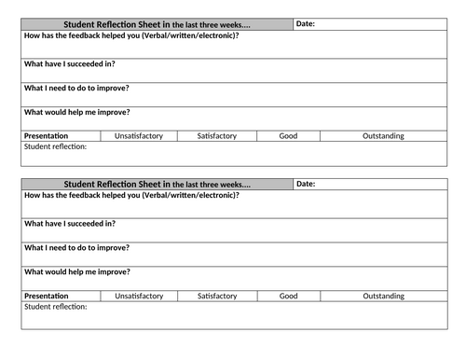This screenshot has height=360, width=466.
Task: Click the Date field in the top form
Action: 373,24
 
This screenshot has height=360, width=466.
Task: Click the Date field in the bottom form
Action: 373,185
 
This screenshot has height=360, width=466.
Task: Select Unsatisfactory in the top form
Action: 138,136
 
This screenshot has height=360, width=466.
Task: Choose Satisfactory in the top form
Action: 216,136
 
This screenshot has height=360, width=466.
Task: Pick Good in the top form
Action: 289,136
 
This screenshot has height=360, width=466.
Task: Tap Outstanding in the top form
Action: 383,136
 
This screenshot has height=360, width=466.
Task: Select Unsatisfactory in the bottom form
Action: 138,297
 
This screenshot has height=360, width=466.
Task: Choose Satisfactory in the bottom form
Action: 216,297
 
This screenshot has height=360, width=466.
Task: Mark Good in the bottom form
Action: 289,297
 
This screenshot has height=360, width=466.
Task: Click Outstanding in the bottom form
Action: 383,297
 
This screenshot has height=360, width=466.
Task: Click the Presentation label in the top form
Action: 47,136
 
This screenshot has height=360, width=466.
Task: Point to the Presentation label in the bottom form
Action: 47,297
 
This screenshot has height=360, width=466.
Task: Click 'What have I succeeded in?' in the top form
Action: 70,64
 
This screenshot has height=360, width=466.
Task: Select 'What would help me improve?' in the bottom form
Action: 77,271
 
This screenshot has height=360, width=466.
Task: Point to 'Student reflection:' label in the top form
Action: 55,146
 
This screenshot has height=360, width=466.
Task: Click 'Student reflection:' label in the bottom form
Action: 55,307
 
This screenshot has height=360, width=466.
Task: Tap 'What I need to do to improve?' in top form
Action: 76,88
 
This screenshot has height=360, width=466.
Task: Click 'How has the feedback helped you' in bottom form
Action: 131,196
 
